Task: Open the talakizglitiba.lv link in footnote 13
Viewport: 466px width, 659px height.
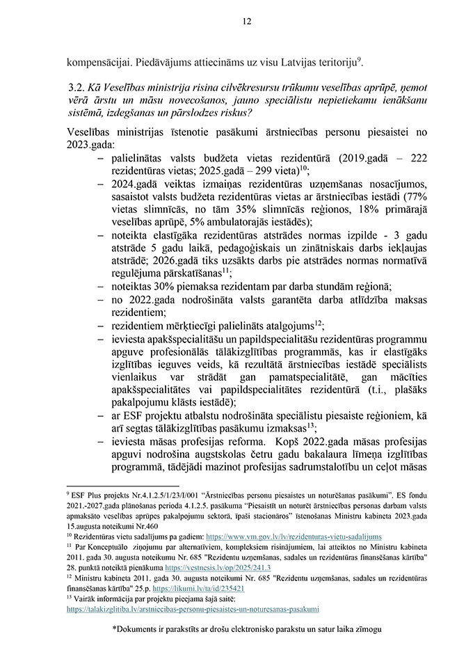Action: tap(193, 609)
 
